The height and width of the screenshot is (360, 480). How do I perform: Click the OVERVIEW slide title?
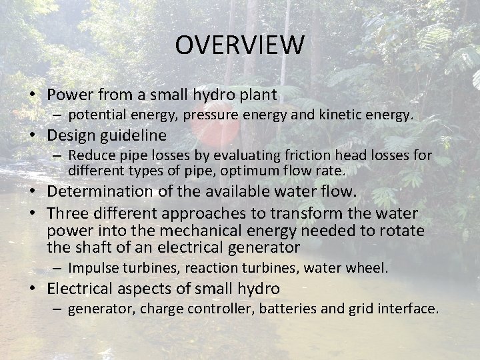240,45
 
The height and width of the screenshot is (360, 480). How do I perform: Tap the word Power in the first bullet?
71,94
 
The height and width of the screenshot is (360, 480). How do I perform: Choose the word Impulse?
91,268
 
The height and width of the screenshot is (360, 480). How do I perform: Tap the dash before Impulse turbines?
59,268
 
